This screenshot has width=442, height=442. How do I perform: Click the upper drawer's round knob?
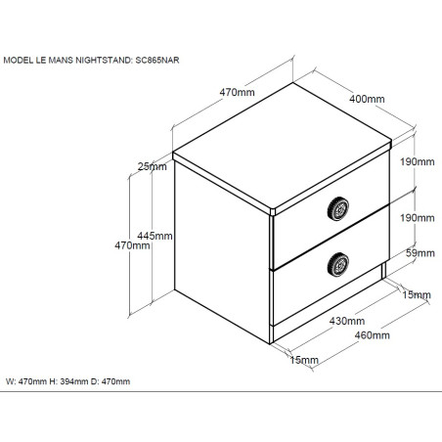pyautogui.click(x=338, y=209)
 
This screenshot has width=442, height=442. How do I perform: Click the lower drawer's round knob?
pyautogui.click(x=338, y=265)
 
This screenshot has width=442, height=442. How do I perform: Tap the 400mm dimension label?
pyautogui.click(x=367, y=99)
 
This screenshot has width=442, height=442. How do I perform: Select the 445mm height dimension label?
pyautogui.click(x=155, y=236)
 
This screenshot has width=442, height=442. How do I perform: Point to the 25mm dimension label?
pyautogui.click(x=153, y=166)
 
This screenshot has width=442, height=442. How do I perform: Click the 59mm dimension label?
pyautogui.click(x=420, y=253)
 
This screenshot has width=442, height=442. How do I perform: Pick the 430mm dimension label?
pyautogui.click(x=347, y=321)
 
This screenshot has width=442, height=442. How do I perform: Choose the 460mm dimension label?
pyautogui.click(x=373, y=335)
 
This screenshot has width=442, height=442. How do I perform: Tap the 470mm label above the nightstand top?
pyautogui.click(x=237, y=92)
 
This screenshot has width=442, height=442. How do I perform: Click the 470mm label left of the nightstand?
pyautogui.click(x=132, y=245)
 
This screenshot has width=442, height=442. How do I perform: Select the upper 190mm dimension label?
pyautogui.click(x=418, y=161)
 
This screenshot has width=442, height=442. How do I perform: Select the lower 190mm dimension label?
pyautogui.click(x=418, y=218)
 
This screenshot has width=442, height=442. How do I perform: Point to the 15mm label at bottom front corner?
pyautogui.click(x=304, y=360)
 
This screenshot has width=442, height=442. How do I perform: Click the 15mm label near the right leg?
pyautogui.click(x=417, y=294)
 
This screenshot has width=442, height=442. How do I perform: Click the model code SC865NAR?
pyautogui.click(x=157, y=60)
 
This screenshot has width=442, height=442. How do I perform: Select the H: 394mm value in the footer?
pyautogui.click(x=68, y=381)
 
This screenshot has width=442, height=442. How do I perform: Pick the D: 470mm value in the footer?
pyautogui.click(x=110, y=381)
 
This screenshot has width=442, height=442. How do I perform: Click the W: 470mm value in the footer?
pyautogui.click(x=26, y=381)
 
